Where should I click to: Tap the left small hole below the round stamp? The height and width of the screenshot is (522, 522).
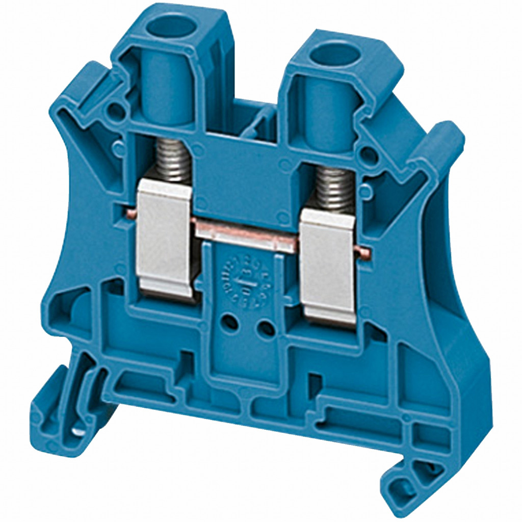pyautogui.click(x=231, y=322)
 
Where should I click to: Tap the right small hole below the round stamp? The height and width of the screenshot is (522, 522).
pyautogui.click(x=266, y=329)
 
